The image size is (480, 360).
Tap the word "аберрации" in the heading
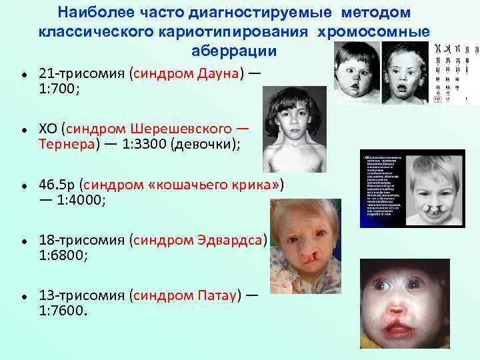[225, 51]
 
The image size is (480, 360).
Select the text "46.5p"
[59, 183]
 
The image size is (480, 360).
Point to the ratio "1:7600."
[63, 310]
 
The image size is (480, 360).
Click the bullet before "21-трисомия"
[23, 73]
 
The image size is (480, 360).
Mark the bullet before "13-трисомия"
[23, 295]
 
